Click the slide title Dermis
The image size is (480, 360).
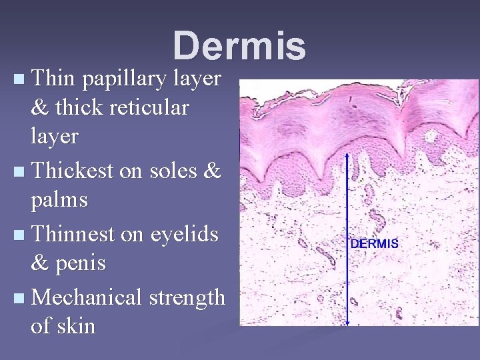(239, 46)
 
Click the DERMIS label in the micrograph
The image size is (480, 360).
(374, 243)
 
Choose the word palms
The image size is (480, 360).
(59, 199)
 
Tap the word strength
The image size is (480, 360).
(187, 297)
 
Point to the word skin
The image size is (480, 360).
(77, 326)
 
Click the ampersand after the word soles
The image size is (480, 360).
(211, 171)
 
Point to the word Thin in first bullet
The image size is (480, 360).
(51, 79)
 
